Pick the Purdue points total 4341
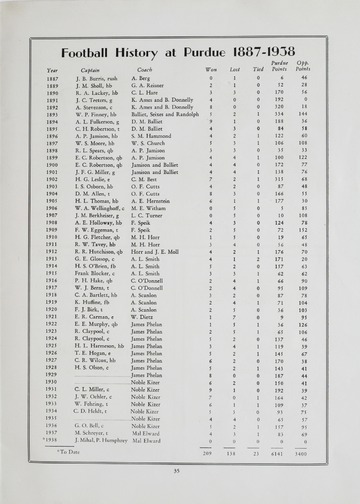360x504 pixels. (302, 453)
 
